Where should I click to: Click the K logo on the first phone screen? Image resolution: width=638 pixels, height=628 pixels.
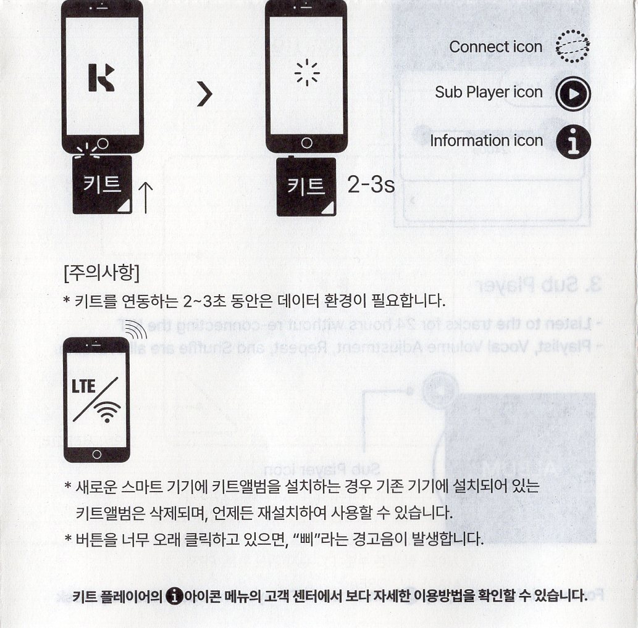pos(101,77)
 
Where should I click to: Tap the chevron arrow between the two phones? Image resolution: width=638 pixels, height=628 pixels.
pos(205,94)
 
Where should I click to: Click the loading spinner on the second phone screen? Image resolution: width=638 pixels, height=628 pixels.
pos(307,73)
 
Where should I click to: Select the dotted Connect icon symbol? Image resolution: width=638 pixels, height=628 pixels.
pos(573,46)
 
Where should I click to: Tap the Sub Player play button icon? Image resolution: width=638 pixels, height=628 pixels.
pos(573,94)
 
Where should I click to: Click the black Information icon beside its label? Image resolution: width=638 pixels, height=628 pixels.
pos(573,141)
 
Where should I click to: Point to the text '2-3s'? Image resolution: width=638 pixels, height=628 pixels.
pos(371,184)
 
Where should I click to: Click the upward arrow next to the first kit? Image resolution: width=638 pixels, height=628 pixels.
pos(146,197)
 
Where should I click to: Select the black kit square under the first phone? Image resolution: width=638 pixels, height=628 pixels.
pos(102,184)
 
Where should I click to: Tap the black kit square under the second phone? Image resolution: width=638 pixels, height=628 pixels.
pos(306,186)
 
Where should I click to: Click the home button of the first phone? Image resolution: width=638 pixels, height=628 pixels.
pos(103,144)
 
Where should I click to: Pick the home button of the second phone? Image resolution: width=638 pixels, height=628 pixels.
pos(307,143)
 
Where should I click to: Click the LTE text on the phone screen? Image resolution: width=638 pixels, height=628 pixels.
pos(83,387)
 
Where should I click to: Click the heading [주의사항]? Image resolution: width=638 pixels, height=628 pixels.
pos(102,273)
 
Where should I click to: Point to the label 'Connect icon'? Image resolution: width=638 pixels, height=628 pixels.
pos(495,47)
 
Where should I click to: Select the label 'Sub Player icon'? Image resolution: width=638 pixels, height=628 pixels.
pos(489,93)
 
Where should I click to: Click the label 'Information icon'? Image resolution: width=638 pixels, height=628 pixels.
pos(487,141)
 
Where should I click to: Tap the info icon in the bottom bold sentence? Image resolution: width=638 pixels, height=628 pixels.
pos(175,596)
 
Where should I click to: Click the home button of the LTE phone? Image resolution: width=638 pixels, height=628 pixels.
pos(97,454)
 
